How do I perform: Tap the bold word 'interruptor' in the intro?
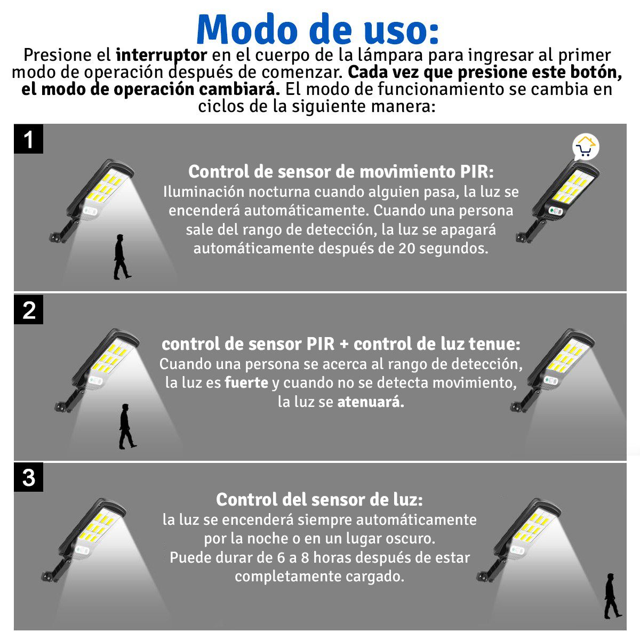(161, 55)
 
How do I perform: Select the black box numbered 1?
(28, 140)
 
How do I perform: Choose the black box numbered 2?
(28, 310)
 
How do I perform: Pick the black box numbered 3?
(28, 478)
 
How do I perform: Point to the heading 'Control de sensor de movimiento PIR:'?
(341, 172)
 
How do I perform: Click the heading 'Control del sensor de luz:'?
(319, 500)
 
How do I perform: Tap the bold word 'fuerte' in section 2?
(246, 383)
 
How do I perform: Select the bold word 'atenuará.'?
(371, 402)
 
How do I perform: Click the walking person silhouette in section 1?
(121, 257)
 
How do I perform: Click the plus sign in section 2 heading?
(343, 345)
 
